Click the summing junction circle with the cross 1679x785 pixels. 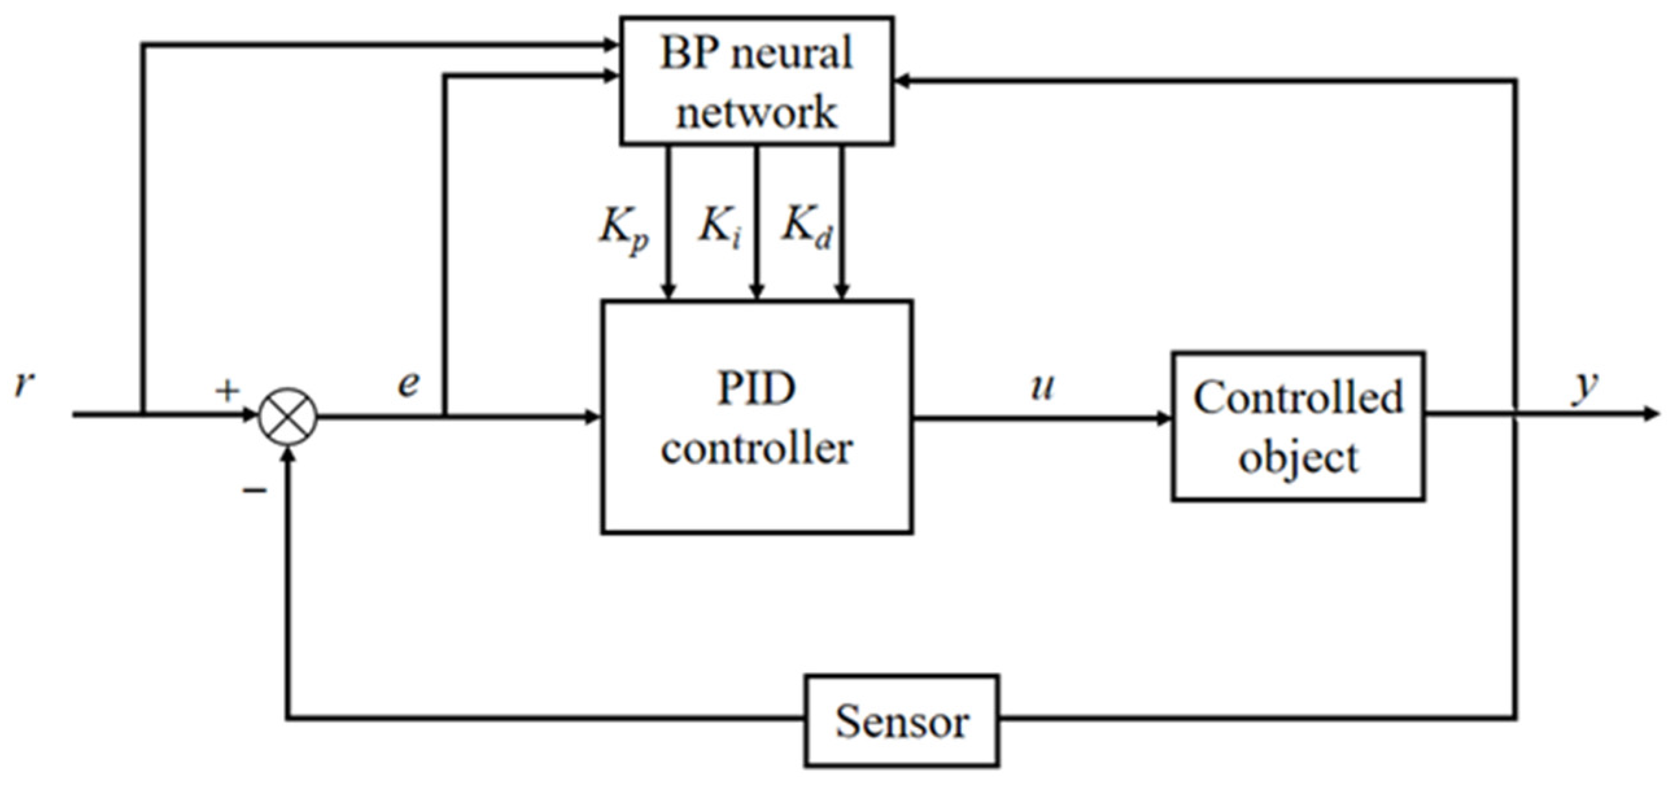pos(288,416)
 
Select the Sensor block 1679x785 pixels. pos(902,720)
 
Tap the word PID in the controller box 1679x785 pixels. pos(756,389)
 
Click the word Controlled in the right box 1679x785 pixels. pos(1298,398)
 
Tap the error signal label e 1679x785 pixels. pos(408,384)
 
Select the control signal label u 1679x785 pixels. pos(1041,387)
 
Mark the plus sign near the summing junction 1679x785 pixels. pos(228,391)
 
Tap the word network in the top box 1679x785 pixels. pos(756,112)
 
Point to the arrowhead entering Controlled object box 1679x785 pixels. pos(1164,419)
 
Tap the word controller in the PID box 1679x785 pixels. pos(756,449)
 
